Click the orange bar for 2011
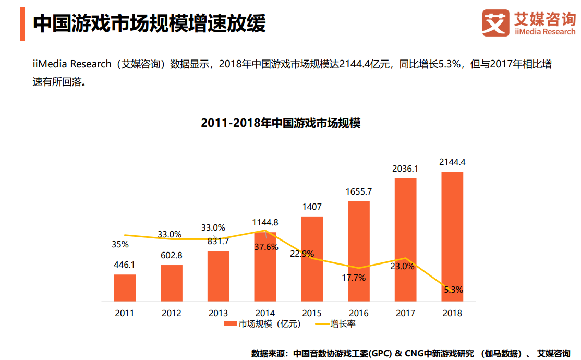coord(125,288)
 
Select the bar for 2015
coord(312,259)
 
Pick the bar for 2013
coord(218,277)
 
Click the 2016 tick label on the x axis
coord(359,313)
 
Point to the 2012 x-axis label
coord(172,313)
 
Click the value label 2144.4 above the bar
coord(452,162)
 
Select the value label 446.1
coord(125,265)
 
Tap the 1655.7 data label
coord(359,191)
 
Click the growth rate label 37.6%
coord(266,247)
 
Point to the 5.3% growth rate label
coord(453,290)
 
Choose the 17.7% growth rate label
coord(354,278)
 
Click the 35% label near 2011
coord(120,244)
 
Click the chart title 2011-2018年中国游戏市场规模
coord(281,124)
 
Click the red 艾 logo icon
coord(495,23)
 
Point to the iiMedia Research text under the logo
coord(545,32)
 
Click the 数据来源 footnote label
coord(269,353)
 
